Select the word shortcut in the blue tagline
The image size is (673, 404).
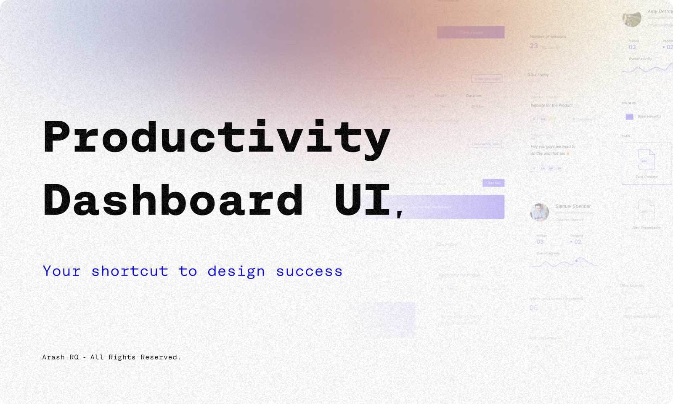tap(130, 271)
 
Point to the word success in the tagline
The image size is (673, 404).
tap(309, 271)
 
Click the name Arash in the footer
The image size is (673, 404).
tap(53, 357)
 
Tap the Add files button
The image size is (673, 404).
tap(493, 183)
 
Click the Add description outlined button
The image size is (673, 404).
tap(487, 79)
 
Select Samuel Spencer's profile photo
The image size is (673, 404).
tap(539, 212)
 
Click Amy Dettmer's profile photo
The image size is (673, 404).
tap(631, 19)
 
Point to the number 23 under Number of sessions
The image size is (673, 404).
tap(534, 46)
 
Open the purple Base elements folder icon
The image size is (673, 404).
tap(629, 117)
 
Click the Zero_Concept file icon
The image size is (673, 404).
tap(646, 159)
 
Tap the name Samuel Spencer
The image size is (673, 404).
tap(573, 206)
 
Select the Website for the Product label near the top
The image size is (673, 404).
tap(551, 106)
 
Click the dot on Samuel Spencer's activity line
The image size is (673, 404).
tap(576, 261)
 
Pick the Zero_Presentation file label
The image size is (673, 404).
tap(647, 228)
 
